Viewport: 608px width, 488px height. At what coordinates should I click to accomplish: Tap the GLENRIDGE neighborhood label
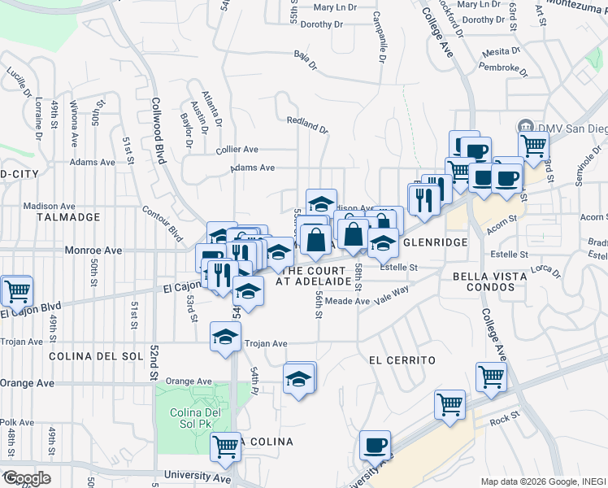click(434, 242)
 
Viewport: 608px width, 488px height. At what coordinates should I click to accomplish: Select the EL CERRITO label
click(402, 359)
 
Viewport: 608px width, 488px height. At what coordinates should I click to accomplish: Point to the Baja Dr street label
click(304, 56)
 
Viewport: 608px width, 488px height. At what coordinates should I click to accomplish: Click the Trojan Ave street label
click(267, 343)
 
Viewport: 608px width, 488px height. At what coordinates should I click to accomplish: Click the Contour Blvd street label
click(162, 220)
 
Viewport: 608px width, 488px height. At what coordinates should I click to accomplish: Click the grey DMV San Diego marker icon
click(524, 128)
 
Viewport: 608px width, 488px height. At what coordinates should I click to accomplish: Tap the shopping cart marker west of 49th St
click(16, 290)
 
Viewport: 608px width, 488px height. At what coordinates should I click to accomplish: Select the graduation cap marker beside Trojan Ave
click(226, 338)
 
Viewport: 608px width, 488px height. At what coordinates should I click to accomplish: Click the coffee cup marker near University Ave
click(375, 446)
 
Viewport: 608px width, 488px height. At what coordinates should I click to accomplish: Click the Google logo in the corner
click(26, 478)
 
